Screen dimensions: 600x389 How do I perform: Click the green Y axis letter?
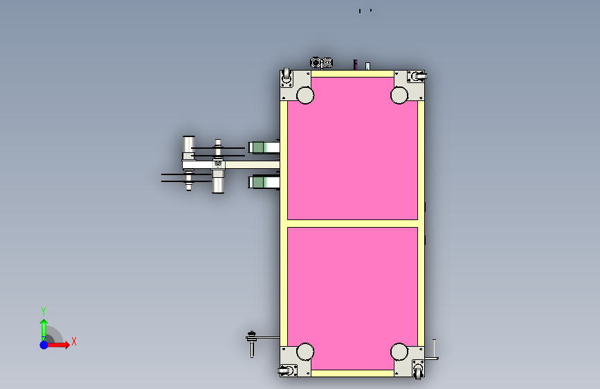coord(44,311)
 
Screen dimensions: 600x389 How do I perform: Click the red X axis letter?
coord(74,341)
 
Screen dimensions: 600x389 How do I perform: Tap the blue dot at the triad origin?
coord(44,345)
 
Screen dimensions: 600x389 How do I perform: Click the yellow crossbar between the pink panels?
coord(352,224)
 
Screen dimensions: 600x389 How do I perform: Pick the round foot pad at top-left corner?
coord(305,96)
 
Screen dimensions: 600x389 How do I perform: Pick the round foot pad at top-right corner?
coord(399,96)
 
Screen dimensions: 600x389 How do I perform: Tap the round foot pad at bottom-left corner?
coord(305,352)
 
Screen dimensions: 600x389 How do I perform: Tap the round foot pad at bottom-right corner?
coord(399,352)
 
